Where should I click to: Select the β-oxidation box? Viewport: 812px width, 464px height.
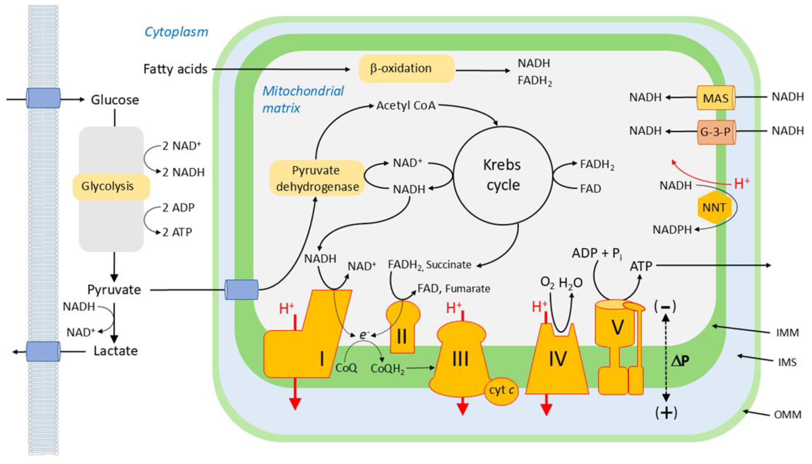[406, 69]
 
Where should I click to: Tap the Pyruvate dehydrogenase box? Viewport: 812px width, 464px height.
[317, 178]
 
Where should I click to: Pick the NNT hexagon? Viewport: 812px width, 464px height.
[714, 208]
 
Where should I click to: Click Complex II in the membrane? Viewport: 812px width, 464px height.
[402, 331]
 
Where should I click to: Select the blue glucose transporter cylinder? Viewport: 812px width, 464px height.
[43, 98]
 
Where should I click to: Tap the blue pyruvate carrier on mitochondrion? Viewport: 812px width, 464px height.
[241, 290]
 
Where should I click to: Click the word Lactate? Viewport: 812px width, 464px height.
[115, 351]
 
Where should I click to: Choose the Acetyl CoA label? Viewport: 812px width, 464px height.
[406, 105]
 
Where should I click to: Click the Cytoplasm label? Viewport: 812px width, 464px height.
[176, 32]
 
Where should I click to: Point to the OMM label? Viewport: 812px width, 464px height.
[787, 415]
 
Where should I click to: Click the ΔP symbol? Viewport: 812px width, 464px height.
[680, 361]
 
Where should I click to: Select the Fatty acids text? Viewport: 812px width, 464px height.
[175, 69]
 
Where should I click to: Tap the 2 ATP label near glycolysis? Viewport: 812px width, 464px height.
[177, 232]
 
